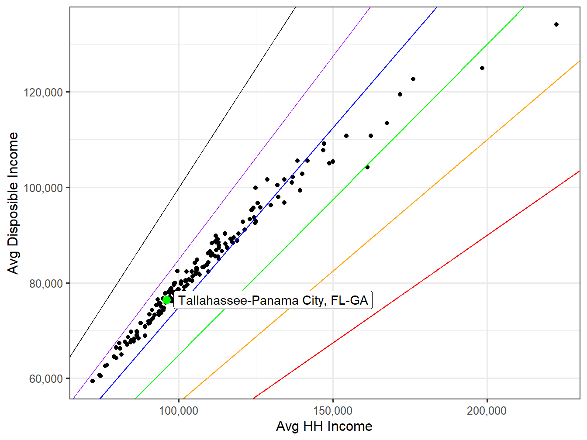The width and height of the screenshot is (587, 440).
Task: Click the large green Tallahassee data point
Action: (x=166, y=299)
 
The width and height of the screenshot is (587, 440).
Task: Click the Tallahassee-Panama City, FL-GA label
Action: (x=273, y=300)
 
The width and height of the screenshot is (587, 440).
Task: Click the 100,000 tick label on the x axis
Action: (x=179, y=411)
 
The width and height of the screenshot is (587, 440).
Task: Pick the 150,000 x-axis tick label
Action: (x=333, y=411)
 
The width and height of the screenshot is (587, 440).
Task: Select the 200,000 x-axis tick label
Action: (x=487, y=411)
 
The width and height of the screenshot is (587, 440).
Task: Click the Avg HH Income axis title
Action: (x=324, y=426)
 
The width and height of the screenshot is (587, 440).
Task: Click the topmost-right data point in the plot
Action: (x=556, y=24)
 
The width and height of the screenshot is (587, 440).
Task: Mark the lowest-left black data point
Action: (x=93, y=381)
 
